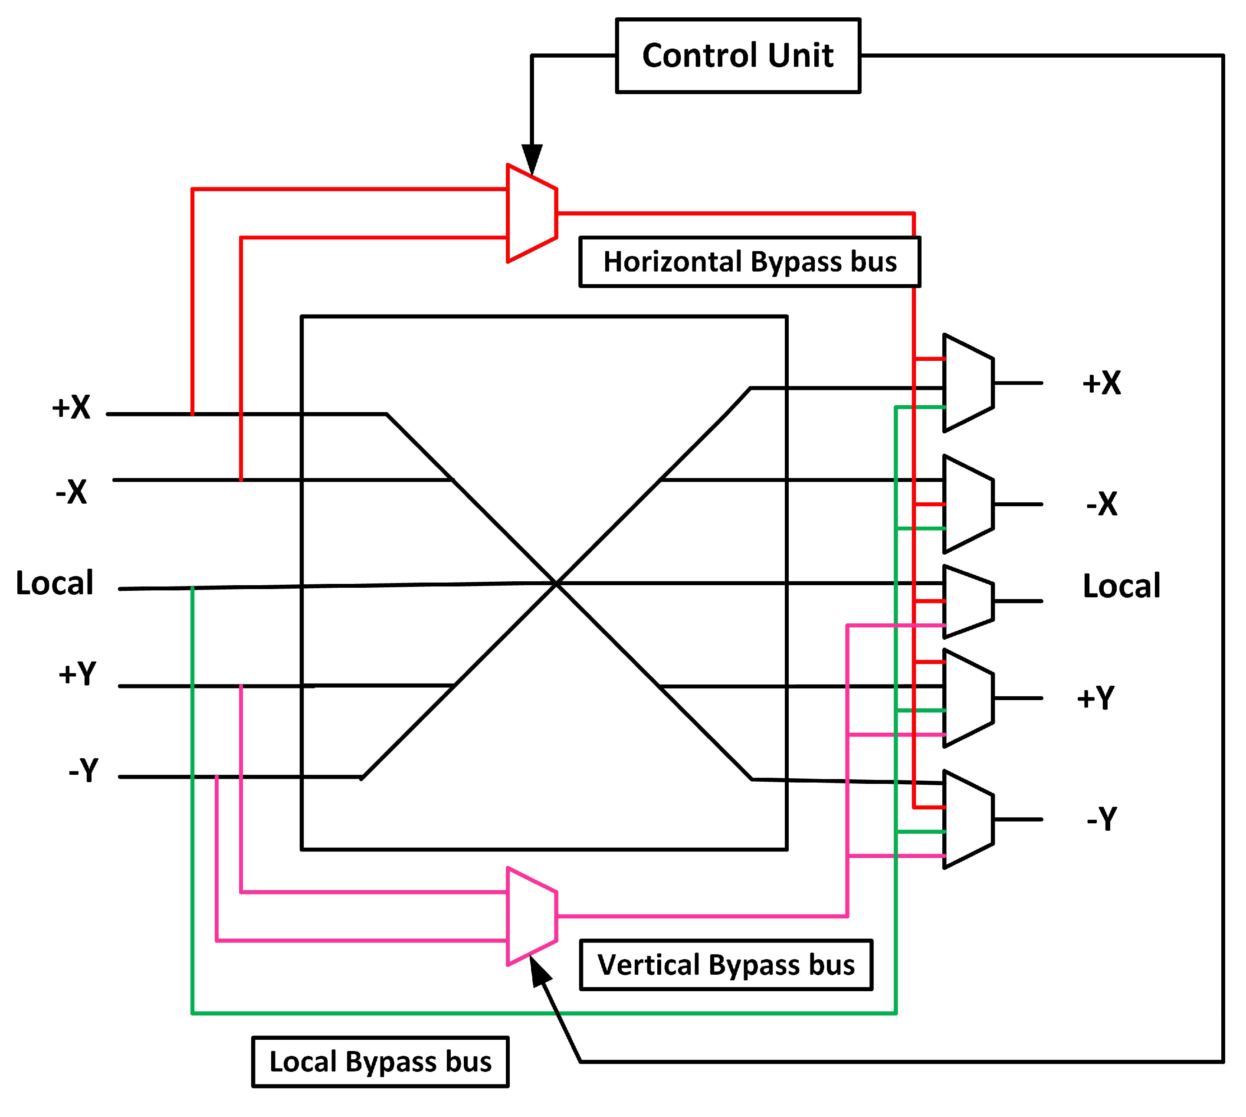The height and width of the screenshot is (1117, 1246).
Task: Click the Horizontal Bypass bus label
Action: pyautogui.click(x=749, y=262)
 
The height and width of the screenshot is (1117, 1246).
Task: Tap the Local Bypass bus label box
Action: pyautogui.click(x=380, y=1062)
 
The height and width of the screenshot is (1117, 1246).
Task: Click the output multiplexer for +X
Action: pyautogui.click(x=968, y=383)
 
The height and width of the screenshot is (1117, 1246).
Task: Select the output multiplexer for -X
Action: pyautogui.click(x=968, y=504)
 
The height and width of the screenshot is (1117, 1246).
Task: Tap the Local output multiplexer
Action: pyautogui.click(x=968, y=601)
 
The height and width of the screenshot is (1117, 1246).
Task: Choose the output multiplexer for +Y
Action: pyautogui.click(x=968, y=698)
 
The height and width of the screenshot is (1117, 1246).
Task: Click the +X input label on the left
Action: pyautogui.click(x=71, y=407)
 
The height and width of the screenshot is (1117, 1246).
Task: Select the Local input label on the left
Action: pyautogui.click(x=55, y=583)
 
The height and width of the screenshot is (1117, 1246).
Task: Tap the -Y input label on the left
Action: pyautogui.click(x=83, y=770)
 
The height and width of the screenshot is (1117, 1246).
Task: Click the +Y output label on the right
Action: pyautogui.click(x=1095, y=698)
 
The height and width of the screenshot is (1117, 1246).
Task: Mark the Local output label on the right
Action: pyautogui.click(x=1121, y=586)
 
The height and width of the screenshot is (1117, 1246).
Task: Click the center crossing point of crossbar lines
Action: pyautogui.click(x=555, y=583)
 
